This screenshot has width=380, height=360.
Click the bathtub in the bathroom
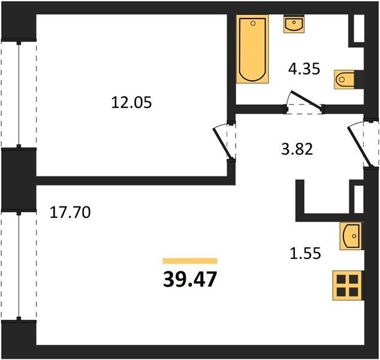coord(252,49)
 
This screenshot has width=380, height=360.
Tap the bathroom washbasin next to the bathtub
coord(294,24)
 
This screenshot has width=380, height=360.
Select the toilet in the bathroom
coord(344,79)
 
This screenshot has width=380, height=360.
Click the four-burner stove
coord(348,285)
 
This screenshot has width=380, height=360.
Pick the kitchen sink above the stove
coord(351,236)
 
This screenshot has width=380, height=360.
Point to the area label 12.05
coord(131,103)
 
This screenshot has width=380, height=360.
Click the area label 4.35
coord(304,69)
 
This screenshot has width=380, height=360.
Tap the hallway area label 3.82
coord(297,149)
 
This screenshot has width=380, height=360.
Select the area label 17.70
coord(70,212)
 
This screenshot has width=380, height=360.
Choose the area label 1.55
coord(305,253)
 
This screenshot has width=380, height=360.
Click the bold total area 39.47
coord(190,279)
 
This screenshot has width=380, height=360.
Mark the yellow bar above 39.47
coord(190,261)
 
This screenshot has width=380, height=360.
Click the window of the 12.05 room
coord(19,94)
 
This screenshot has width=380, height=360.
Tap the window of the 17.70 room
coord(19,266)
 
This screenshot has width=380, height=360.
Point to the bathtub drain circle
coord(253,23)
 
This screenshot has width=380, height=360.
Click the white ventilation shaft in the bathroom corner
coord(359,29)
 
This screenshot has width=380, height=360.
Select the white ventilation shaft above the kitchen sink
coord(358,199)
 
